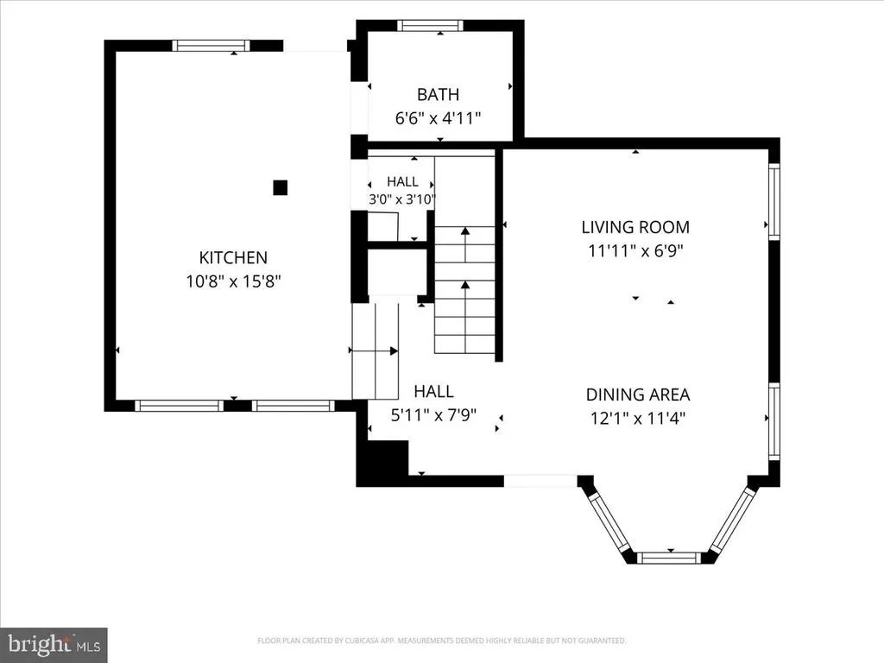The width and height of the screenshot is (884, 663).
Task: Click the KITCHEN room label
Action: [x=233, y=257]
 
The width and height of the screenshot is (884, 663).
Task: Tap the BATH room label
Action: [x=438, y=95]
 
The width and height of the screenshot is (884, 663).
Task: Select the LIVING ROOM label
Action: [x=635, y=227]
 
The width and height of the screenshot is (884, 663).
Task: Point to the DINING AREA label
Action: [x=638, y=395]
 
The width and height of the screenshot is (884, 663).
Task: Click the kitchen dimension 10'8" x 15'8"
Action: [x=233, y=281]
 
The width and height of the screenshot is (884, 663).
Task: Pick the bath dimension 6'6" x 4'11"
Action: [x=438, y=118]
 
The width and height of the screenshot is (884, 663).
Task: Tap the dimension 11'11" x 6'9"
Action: [x=635, y=250]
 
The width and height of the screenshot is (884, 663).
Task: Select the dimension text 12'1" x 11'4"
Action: [x=638, y=419]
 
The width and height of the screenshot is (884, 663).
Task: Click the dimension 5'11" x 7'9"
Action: [x=433, y=415]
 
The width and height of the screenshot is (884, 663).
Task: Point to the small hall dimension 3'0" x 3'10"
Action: [x=402, y=199]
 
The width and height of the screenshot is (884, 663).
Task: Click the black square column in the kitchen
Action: [x=281, y=187]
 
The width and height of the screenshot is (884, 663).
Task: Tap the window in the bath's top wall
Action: [x=430, y=25]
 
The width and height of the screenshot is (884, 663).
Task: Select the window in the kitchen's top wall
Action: [x=211, y=46]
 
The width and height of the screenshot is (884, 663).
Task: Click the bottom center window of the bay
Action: [x=671, y=559]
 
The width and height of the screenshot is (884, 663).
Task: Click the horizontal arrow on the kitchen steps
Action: [x=373, y=351]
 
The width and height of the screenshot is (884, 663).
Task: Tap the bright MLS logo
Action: [x=54, y=645]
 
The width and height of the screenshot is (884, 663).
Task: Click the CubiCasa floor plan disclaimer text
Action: [x=441, y=641]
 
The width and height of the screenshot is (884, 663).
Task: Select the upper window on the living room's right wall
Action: [x=774, y=201]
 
